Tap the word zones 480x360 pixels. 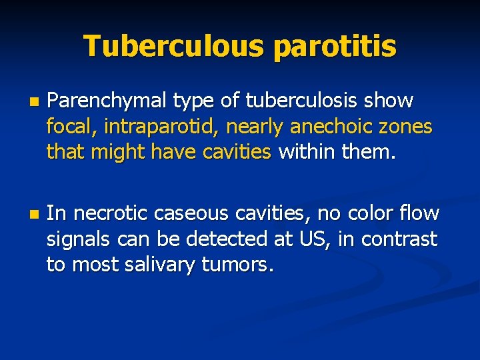click(x=409, y=127)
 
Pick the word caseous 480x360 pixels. click(x=185, y=214)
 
